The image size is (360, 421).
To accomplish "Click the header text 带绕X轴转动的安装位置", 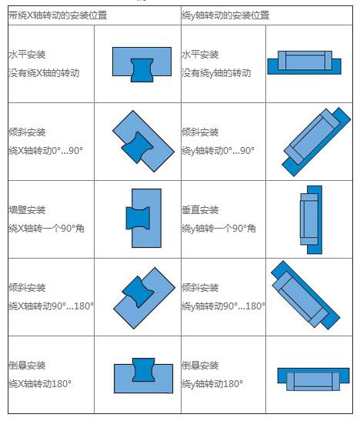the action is pos(58,15).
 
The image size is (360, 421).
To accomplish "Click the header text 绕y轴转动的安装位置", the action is pos(225,15).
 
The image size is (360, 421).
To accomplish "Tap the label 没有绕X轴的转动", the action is pos(44,73).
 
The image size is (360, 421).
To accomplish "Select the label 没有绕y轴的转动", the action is pos(216,73).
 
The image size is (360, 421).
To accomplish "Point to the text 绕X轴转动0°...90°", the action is pos(45,150).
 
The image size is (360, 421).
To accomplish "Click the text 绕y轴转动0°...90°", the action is pos(218,150).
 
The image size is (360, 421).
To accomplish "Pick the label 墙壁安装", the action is pos(27,209).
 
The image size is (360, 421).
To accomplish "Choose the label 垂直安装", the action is pos(200,209).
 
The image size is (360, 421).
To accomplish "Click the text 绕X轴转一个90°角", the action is pos(46,229).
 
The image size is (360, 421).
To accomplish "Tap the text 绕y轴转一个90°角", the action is pos(218,229).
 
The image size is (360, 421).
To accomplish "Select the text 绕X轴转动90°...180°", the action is pos(51,306).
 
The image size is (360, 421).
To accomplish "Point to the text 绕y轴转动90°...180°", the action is pos(223,306).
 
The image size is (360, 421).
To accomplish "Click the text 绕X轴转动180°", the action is pos(40,383).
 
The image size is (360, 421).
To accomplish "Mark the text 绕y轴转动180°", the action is pos(212,383).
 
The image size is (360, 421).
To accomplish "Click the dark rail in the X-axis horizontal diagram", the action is pos(142,70).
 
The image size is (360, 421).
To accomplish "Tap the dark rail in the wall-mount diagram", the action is pos(138,218).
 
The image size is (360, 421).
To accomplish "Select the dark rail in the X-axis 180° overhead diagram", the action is pos(144,369).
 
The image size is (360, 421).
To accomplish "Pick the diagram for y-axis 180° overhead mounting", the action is pos(313,379).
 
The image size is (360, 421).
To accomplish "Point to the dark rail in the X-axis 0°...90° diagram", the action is pos(137,147).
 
